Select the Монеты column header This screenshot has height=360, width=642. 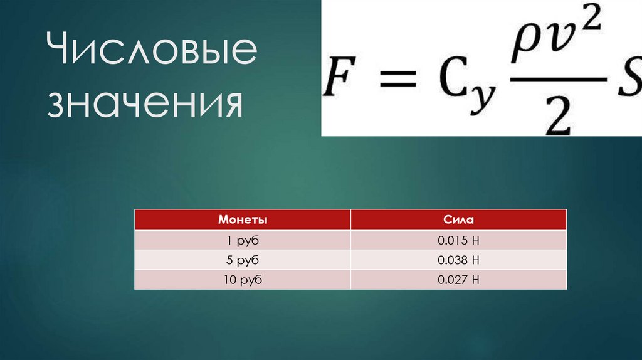pos(243,220)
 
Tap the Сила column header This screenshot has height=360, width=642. pos(458,220)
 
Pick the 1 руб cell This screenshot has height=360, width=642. pos(243,240)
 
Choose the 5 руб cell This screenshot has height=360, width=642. pos(243,260)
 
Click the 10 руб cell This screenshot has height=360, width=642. pos(243,280)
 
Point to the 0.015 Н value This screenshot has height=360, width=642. pos(458,240)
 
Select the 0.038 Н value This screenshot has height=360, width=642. pos(458,260)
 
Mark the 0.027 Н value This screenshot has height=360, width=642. pos(458,280)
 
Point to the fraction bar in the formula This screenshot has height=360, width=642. pos(558,78)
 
